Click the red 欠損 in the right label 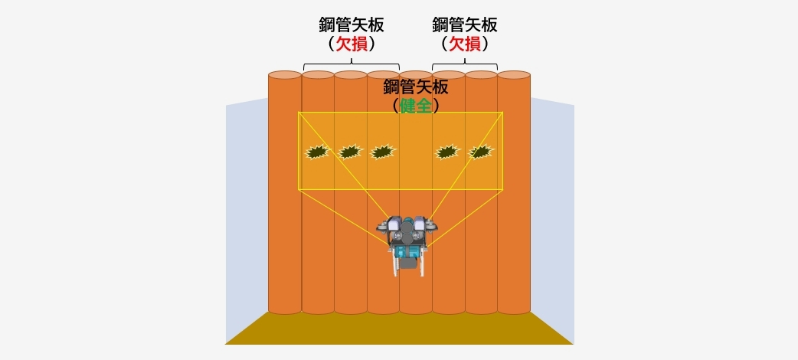[464, 44]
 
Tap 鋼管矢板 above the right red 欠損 [464, 25]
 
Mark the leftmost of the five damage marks [317, 152]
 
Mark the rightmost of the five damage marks [480, 152]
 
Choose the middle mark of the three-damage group [350, 152]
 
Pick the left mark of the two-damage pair [447, 152]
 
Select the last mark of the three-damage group [383, 152]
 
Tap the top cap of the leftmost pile [285, 75]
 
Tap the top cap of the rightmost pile [514, 75]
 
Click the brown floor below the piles [399, 329]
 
